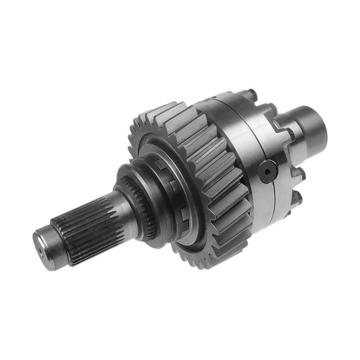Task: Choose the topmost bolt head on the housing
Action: coord(251,94)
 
